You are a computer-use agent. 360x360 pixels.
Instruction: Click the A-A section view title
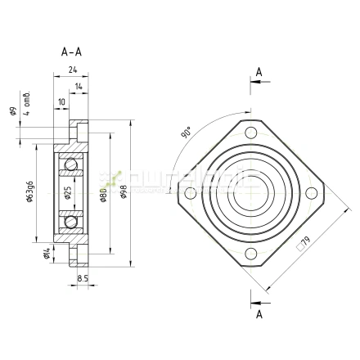tap(71, 52)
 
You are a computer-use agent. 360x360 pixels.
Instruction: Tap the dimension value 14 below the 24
tap(78, 86)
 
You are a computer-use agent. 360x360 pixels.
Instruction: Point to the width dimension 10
tap(61, 102)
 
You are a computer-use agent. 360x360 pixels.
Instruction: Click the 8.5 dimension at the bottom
tap(82, 278)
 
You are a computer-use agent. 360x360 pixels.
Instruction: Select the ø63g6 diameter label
tap(29, 194)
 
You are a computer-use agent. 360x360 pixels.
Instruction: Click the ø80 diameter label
tap(103, 195)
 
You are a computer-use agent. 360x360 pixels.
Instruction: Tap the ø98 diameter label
tap(124, 194)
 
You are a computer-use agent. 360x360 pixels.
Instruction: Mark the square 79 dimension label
tap(304, 242)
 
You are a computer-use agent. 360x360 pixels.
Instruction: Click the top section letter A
tap(259, 73)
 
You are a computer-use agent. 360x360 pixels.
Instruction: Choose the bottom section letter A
tap(259, 313)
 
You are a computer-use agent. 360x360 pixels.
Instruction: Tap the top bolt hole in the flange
tap(250, 134)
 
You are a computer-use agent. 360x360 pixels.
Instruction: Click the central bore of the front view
tap(250, 194)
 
